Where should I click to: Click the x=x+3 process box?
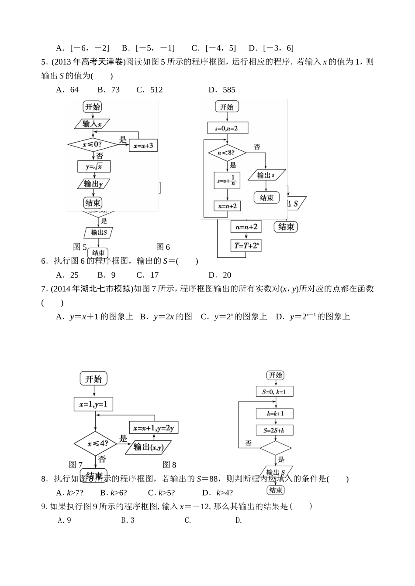coord(143,146)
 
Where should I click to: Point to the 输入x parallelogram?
coord(92,124)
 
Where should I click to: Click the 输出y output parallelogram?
coord(93,184)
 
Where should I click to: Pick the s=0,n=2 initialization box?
coord(228,128)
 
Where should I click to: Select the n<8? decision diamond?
coord(227,153)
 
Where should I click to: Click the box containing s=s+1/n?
coord(227,181)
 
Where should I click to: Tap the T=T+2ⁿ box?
coord(247,245)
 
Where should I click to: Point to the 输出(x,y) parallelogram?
coord(148,447)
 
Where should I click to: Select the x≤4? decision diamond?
coord(95,444)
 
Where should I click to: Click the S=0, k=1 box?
coord(275,392)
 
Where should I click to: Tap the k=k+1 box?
coord(275,413)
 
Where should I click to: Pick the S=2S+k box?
coord(275,430)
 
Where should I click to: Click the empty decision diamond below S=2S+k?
coord(275,448)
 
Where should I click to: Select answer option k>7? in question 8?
coord(70,493)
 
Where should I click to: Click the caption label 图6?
coord(163,247)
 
